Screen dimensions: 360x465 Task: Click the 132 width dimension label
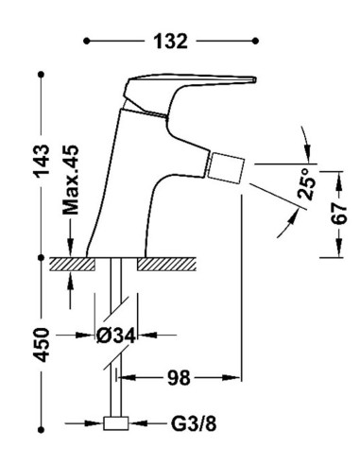170,42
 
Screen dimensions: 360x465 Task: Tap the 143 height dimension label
42,161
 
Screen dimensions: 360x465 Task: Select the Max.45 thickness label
70,180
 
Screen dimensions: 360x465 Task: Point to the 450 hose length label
42,345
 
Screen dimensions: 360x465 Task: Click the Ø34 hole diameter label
116,336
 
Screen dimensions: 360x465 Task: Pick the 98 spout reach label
179,378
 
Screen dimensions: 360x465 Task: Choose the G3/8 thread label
194,424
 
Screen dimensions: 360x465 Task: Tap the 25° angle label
306,183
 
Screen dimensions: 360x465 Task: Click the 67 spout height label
339,214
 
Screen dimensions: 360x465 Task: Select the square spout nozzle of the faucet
227,167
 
